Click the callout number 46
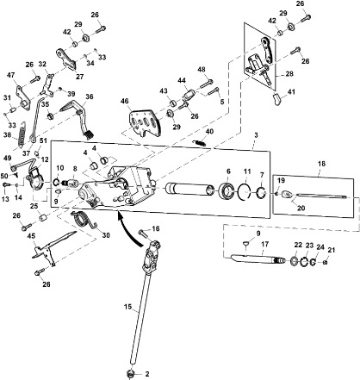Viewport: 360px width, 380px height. click(125, 102)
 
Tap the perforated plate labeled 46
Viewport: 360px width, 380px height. click(145, 122)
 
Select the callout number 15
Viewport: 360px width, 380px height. click(127, 307)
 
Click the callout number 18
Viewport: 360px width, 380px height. click(322, 164)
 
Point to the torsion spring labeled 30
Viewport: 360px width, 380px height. click(84, 219)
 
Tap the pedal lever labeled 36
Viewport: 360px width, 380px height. click(78, 118)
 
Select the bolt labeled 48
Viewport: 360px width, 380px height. click(207, 84)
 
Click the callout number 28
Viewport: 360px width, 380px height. click(289, 74)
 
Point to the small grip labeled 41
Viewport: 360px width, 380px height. click(276, 99)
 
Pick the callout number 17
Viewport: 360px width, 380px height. click(265, 245)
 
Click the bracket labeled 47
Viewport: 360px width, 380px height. click(23, 97)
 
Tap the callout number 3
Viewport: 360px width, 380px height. click(256, 135)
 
